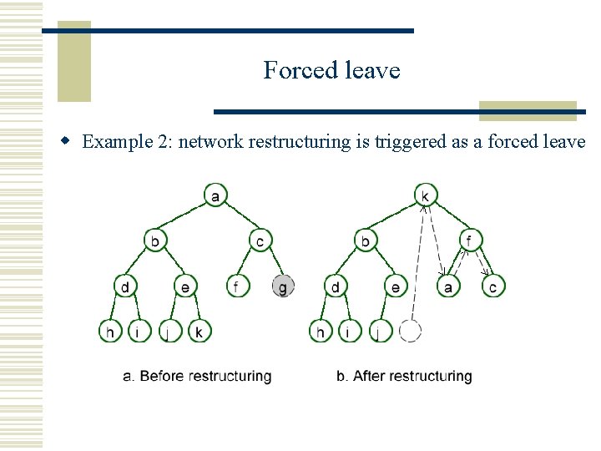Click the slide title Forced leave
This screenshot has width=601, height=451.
[331, 70]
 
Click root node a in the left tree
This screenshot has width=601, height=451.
[215, 196]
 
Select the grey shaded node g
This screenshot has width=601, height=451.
[283, 286]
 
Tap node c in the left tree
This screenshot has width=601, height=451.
[260, 241]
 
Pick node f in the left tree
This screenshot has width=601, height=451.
[237, 286]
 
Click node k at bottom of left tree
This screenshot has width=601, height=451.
[199, 332]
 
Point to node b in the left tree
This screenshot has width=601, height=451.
[155, 241]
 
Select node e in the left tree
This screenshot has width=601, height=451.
[185, 286]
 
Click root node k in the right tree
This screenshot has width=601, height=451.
[426, 196]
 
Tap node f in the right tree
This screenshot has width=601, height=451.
[471, 241]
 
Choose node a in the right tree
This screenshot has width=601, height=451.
[448, 286]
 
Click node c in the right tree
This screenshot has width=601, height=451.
[493, 286]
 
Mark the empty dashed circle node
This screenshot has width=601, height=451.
[410, 332]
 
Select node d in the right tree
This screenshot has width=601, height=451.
[335, 286]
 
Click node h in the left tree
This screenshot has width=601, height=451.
[109, 332]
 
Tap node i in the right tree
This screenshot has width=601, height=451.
[350, 332]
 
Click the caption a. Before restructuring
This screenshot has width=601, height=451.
[197, 377]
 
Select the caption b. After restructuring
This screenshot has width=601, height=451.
[404, 377]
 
